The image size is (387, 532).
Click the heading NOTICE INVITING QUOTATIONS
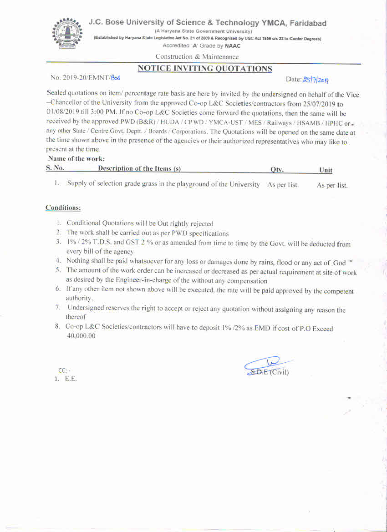[205, 69]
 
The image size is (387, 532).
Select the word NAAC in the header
[233, 46]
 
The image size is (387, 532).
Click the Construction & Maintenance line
[197, 57]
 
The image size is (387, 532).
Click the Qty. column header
[277, 170]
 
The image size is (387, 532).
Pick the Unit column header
[326, 170]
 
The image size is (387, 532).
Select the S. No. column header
[55, 168]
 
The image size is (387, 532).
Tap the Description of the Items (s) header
[139, 169]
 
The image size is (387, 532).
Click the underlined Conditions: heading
[63, 208]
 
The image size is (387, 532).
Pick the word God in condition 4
[339, 263]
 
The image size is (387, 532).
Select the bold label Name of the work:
[76, 159]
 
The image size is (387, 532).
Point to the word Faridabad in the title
[308, 23]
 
